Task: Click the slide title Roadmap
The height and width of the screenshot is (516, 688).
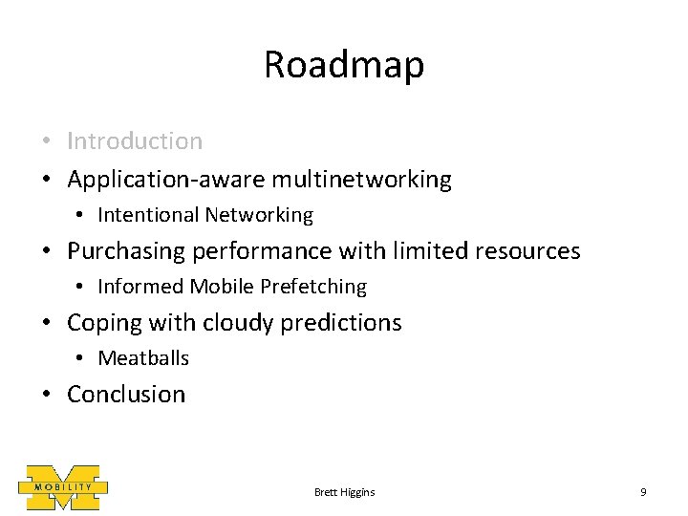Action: point(343,65)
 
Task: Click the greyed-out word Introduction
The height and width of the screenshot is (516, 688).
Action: point(135,141)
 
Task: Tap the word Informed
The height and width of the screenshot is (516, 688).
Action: point(140,287)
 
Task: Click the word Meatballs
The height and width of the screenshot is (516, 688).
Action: point(143,358)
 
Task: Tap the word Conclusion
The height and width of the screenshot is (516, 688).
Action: point(126,394)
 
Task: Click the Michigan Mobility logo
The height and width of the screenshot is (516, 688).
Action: point(63,487)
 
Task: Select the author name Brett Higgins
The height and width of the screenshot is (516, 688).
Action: point(344,492)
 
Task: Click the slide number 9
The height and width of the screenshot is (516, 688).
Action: point(643,492)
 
